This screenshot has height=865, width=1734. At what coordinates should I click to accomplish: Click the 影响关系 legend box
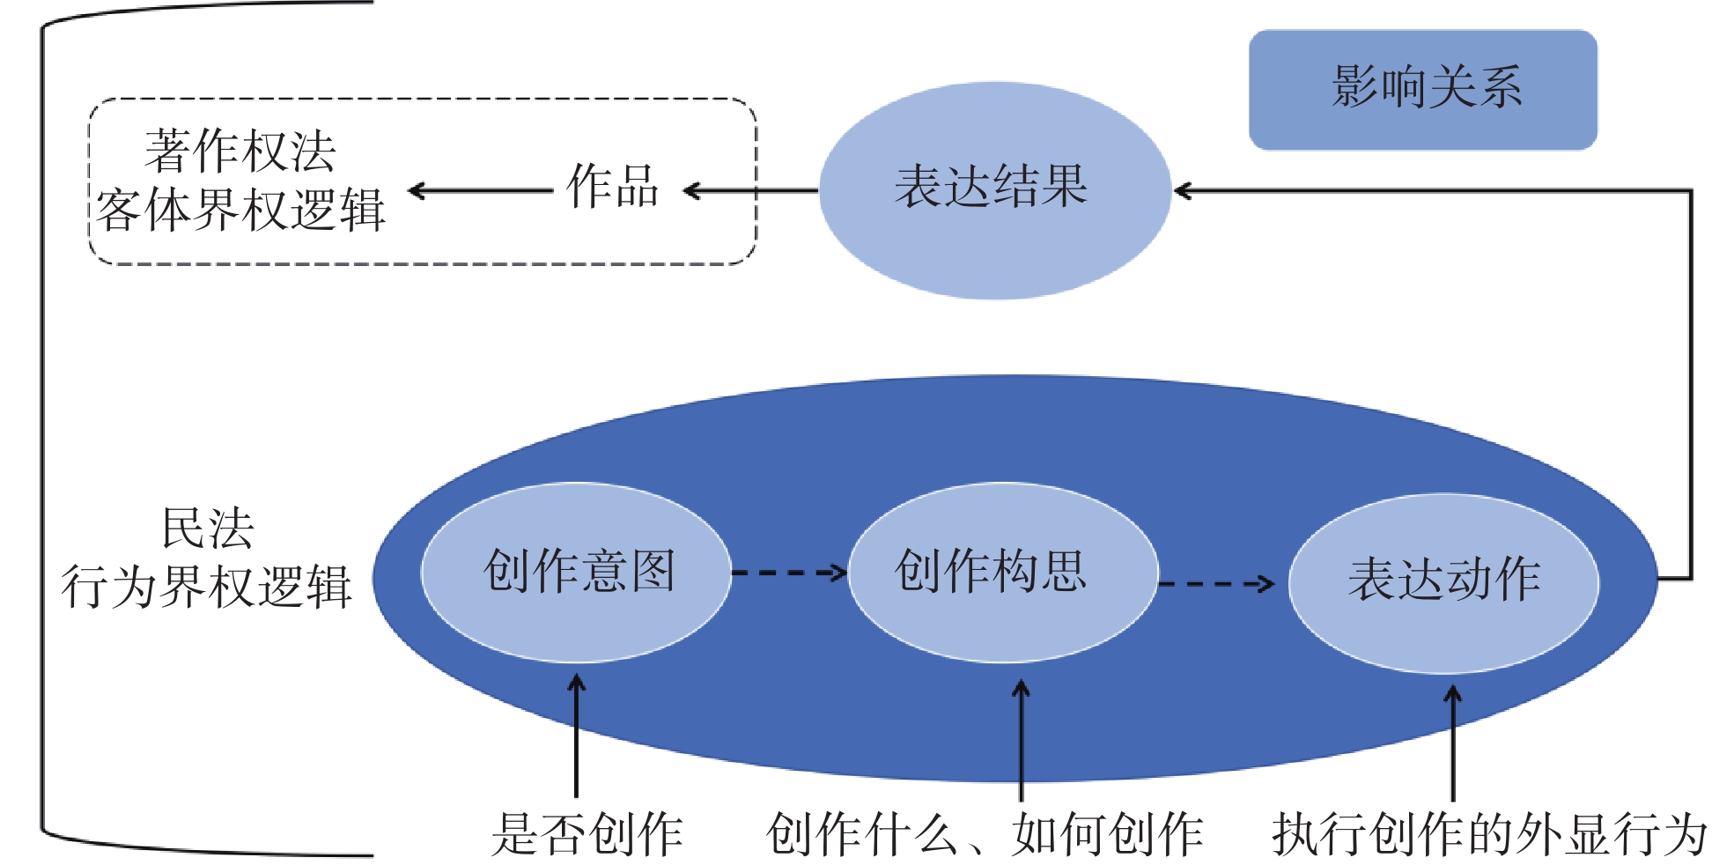click(1422, 89)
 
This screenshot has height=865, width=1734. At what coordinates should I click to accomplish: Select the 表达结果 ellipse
click(994, 189)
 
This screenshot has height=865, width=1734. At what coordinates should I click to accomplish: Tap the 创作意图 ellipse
click(577, 572)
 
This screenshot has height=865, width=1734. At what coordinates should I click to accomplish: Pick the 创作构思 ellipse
click(1003, 572)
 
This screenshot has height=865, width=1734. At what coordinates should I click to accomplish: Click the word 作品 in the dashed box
click(612, 187)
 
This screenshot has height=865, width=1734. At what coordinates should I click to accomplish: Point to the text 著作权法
click(240, 152)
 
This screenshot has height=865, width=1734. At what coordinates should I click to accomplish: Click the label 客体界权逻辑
click(240, 211)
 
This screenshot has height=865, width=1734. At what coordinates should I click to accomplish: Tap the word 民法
click(208, 529)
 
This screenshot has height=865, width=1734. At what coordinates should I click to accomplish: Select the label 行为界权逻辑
click(206, 587)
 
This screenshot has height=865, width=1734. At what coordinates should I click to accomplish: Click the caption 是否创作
click(587, 833)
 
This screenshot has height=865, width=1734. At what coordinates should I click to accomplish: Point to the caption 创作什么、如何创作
click(984, 833)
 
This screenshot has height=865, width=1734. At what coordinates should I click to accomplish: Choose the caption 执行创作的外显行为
click(1488, 833)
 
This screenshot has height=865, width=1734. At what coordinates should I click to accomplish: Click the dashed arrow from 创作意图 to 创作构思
click(788, 573)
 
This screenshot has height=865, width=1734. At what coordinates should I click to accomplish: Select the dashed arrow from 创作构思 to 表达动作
click(1215, 583)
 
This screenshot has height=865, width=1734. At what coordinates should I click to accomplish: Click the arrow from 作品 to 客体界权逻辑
click(480, 190)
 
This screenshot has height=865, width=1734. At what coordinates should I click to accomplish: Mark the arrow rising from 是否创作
click(577, 736)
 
